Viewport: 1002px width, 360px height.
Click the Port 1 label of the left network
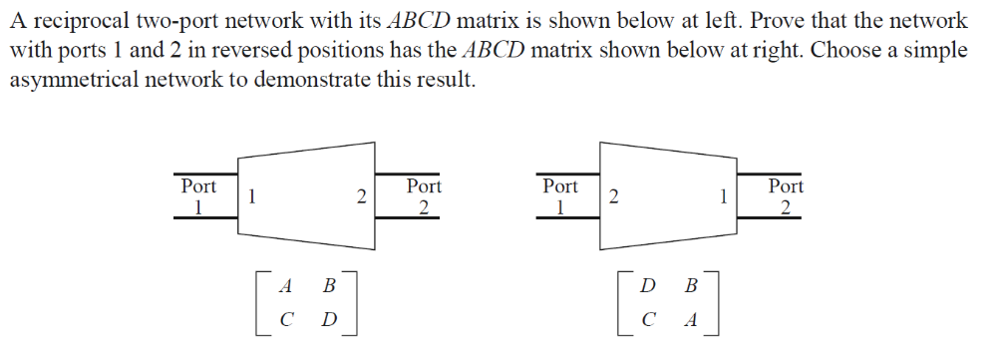point(198,195)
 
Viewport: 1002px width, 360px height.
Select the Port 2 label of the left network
point(424,195)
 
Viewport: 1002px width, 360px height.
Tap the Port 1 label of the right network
point(559,195)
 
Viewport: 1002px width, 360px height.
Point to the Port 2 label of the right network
point(786,195)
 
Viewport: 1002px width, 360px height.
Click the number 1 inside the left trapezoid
point(253,197)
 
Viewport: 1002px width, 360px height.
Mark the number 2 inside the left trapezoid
point(361,197)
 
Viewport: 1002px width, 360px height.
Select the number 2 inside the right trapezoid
point(613,197)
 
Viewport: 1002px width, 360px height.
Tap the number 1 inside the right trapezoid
point(721,197)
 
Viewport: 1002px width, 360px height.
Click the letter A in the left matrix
point(286,286)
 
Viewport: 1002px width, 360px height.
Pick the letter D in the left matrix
point(329,321)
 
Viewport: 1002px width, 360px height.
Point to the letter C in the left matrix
point(286,321)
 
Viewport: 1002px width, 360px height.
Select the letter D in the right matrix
point(648,286)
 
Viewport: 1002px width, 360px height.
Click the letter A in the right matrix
point(691,321)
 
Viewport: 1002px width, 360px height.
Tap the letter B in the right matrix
point(691,286)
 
